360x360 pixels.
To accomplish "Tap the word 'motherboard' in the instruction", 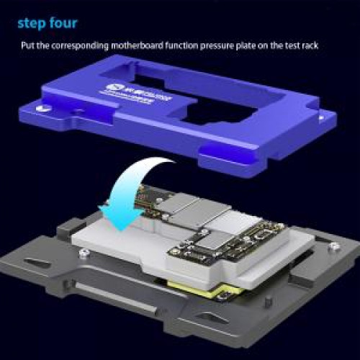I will point(137,45).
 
